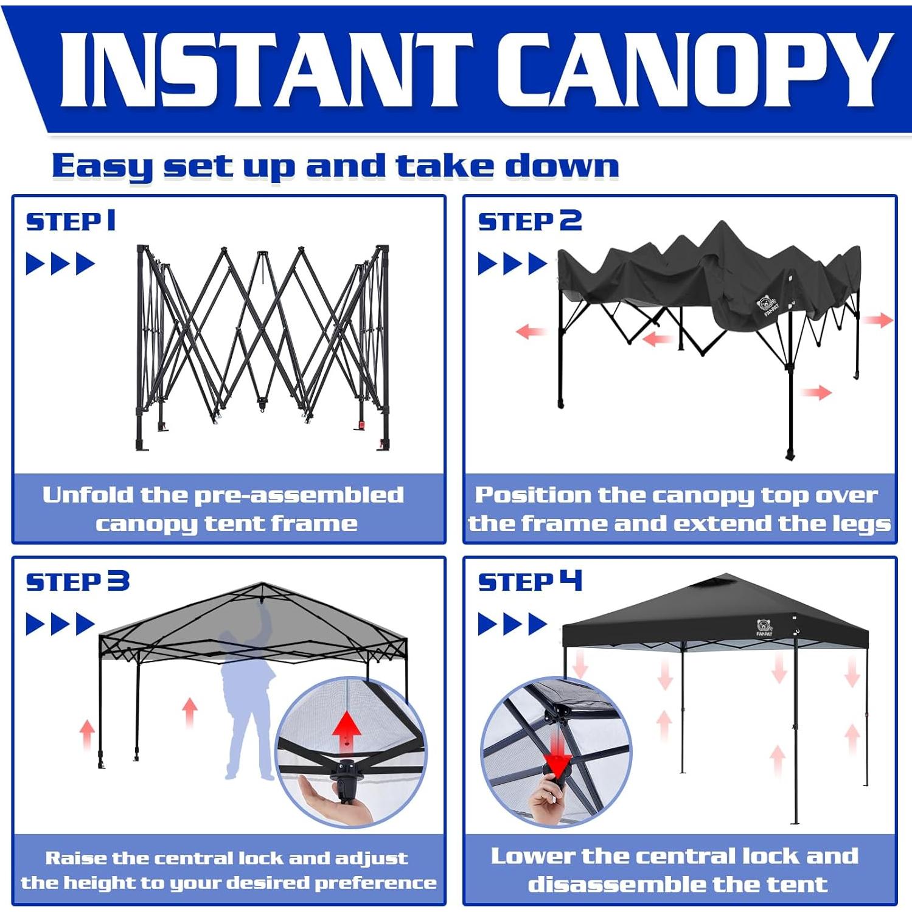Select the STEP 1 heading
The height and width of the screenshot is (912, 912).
pyautogui.click(x=71, y=221)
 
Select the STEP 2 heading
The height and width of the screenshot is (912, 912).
pyautogui.click(x=529, y=221)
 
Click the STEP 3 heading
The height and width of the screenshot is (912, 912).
pyautogui.click(x=77, y=582)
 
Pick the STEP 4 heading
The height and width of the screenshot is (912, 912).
pyautogui.click(x=529, y=582)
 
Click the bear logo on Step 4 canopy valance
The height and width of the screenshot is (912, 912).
pyautogui.click(x=764, y=627)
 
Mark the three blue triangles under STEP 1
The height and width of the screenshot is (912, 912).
pyautogui.click(x=60, y=264)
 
